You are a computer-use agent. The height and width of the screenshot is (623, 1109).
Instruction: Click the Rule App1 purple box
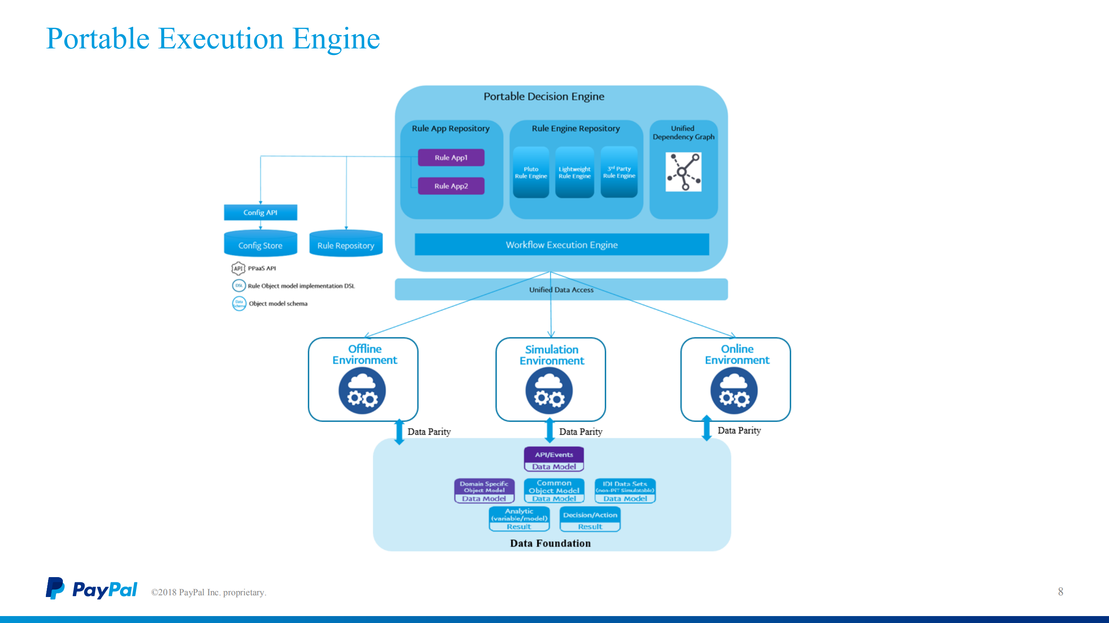451,158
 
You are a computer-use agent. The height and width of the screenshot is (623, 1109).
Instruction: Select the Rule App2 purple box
451,186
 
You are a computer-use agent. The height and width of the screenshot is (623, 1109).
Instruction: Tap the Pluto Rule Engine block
531,172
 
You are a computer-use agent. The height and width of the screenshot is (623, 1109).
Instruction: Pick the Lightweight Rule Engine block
574,172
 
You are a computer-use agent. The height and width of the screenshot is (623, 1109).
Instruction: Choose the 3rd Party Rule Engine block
619,172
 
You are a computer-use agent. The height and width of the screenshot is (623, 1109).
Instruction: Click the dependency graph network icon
683,172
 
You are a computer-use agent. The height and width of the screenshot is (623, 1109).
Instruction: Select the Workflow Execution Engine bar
562,245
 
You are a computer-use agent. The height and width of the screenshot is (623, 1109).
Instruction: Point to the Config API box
260,213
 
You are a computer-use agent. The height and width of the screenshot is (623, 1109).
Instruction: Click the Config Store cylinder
260,244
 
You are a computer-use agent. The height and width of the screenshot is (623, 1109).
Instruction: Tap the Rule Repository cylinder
346,244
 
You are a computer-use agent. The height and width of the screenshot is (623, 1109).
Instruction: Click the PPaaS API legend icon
238,268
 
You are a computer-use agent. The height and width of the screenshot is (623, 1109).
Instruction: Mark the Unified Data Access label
561,290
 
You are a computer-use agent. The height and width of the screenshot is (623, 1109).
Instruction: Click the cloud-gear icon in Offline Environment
362,391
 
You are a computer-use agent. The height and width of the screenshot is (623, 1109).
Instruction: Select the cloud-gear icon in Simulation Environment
549,391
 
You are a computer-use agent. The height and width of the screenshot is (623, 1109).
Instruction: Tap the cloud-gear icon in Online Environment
734,391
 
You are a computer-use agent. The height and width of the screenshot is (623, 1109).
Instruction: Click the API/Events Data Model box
554,459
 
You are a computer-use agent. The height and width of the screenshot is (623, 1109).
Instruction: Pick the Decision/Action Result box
590,520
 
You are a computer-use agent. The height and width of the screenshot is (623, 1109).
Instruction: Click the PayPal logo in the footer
91,589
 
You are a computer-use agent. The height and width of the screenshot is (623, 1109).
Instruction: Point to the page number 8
1060,592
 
